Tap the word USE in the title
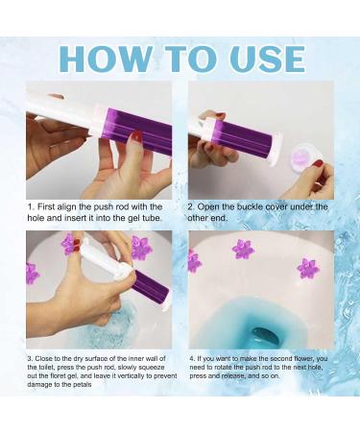(x=258, y=58)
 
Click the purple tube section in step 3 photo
(x=150, y=286)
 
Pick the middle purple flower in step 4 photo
(x=243, y=250)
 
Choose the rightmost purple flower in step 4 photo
(x=308, y=268)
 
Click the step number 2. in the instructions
(x=191, y=205)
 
